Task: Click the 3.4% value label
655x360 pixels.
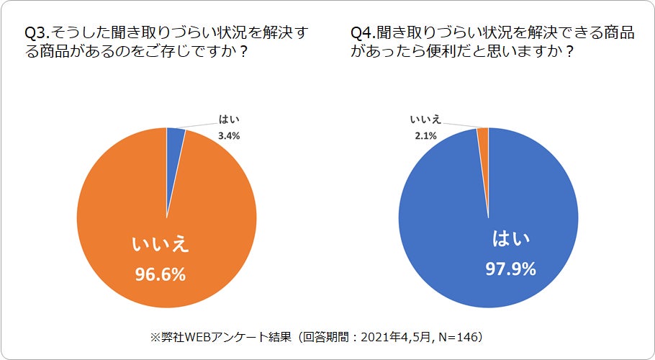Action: click(x=230, y=135)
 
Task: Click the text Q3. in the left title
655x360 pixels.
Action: click(x=37, y=34)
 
